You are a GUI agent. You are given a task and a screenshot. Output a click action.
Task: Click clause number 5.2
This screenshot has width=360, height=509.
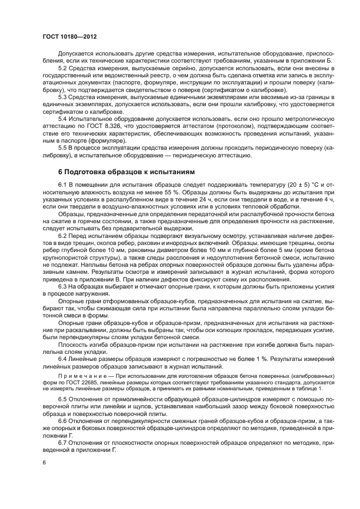coord(63,68)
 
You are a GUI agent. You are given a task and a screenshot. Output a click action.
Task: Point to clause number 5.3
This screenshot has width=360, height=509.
coord(63,96)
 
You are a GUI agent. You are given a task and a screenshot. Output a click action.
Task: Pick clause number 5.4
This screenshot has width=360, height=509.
coord(63,118)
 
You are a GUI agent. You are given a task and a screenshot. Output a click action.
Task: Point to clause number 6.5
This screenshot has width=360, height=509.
coord(63,399)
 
